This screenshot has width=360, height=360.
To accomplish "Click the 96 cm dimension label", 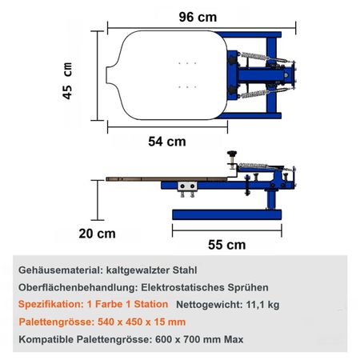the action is pyautogui.click(x=198, y=18).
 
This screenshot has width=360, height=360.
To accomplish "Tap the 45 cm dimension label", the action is pyautogui.click(x=67, y=81).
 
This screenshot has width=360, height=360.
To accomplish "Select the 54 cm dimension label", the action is pyautogui.click(x=167, y=142).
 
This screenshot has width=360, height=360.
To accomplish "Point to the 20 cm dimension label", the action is pyautogui.click(x=97, y=234).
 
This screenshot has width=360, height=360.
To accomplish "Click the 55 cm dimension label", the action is pyautogui.click(x=226, y=245).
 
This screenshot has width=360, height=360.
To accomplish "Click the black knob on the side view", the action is pyautogui.click(x=232, y=154).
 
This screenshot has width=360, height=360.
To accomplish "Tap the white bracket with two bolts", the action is pyautogui.click(x=187, y=186).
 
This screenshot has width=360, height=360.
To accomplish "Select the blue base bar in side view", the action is pyautogui.click(x=226, y=214).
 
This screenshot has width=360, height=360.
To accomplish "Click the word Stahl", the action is pyautogui.click(x=185, y=270).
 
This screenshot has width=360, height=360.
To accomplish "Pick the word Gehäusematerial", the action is pyautogui.click(x=61, y=270).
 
